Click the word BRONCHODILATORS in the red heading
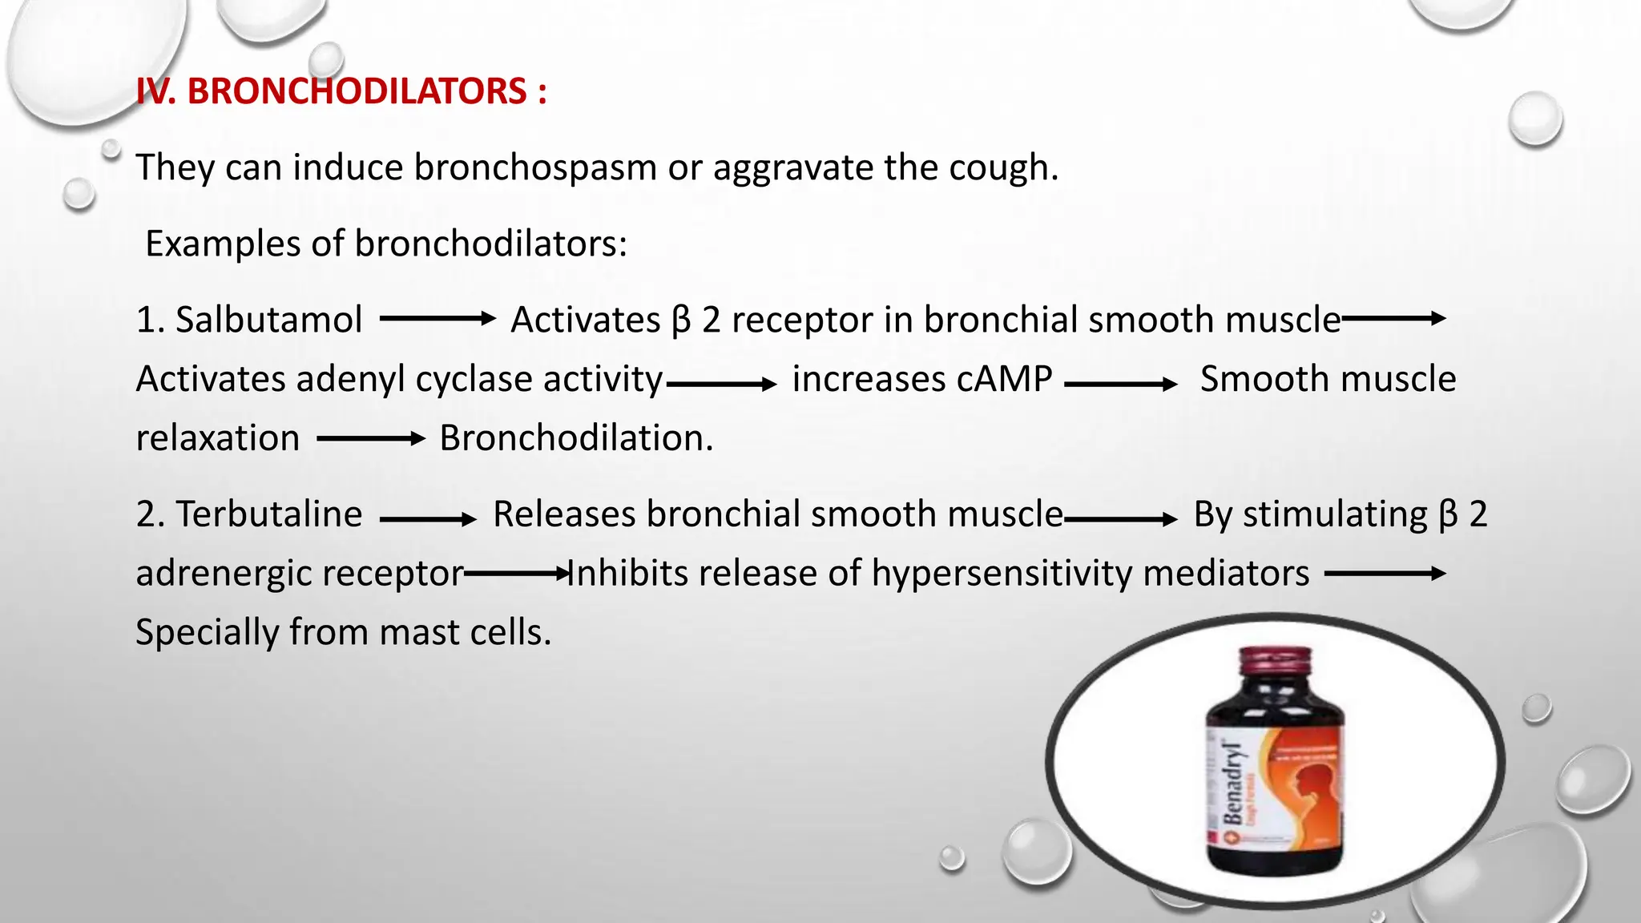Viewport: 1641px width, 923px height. pos(357,91)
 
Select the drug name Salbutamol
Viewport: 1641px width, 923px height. pos(268,320)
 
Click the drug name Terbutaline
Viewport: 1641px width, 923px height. pos(268,514)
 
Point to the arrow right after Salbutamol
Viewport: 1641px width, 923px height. pos(437,319)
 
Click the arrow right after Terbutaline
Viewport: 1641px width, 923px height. pos(428,520)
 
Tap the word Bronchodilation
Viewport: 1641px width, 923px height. pos(575,438)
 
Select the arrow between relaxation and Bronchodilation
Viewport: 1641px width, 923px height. pos(370,438)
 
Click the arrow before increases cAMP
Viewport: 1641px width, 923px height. pos(721,385)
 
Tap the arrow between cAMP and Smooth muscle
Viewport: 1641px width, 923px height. pos(1120,385)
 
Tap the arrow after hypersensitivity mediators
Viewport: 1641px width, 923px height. pos(1385,574)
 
